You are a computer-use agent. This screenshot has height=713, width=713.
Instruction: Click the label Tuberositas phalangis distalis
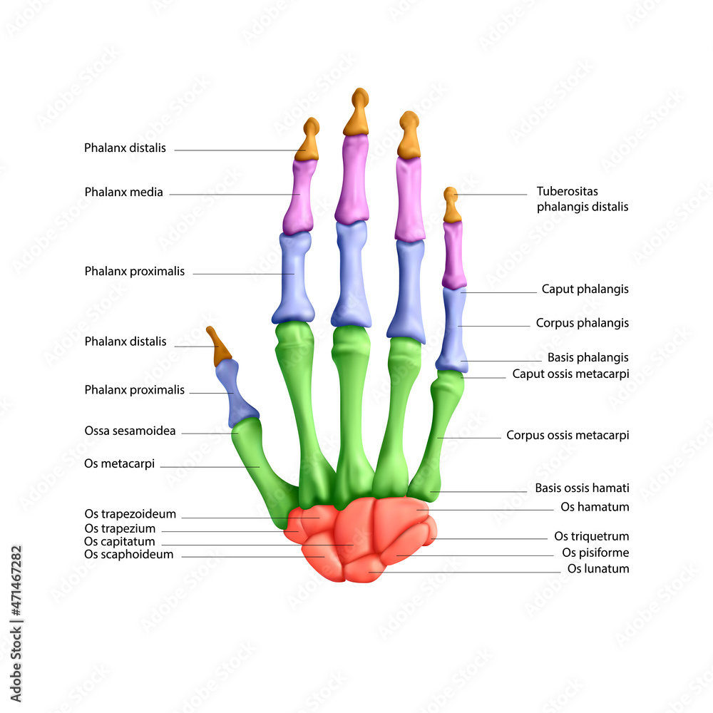582,199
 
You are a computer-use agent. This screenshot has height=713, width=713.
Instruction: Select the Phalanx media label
123,192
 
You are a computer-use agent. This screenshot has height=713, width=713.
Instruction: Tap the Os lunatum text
597,569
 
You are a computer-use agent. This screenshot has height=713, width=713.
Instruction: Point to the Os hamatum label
595,507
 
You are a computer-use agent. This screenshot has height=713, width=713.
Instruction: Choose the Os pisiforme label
595,553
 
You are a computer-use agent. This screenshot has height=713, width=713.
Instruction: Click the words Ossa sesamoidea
130,431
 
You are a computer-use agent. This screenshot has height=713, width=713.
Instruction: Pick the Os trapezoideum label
130,513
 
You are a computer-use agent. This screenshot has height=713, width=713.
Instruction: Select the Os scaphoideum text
128,554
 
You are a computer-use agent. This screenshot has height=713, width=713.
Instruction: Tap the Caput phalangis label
585,289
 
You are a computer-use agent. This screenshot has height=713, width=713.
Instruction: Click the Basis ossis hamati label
582,488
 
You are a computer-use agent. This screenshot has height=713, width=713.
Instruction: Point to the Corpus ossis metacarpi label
568,435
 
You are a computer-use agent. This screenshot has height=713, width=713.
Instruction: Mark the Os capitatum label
119,541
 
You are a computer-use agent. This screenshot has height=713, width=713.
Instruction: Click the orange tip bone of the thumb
219,347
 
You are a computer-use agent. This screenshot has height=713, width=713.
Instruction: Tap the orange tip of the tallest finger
357,114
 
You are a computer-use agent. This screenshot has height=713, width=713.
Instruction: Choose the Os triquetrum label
591,536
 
